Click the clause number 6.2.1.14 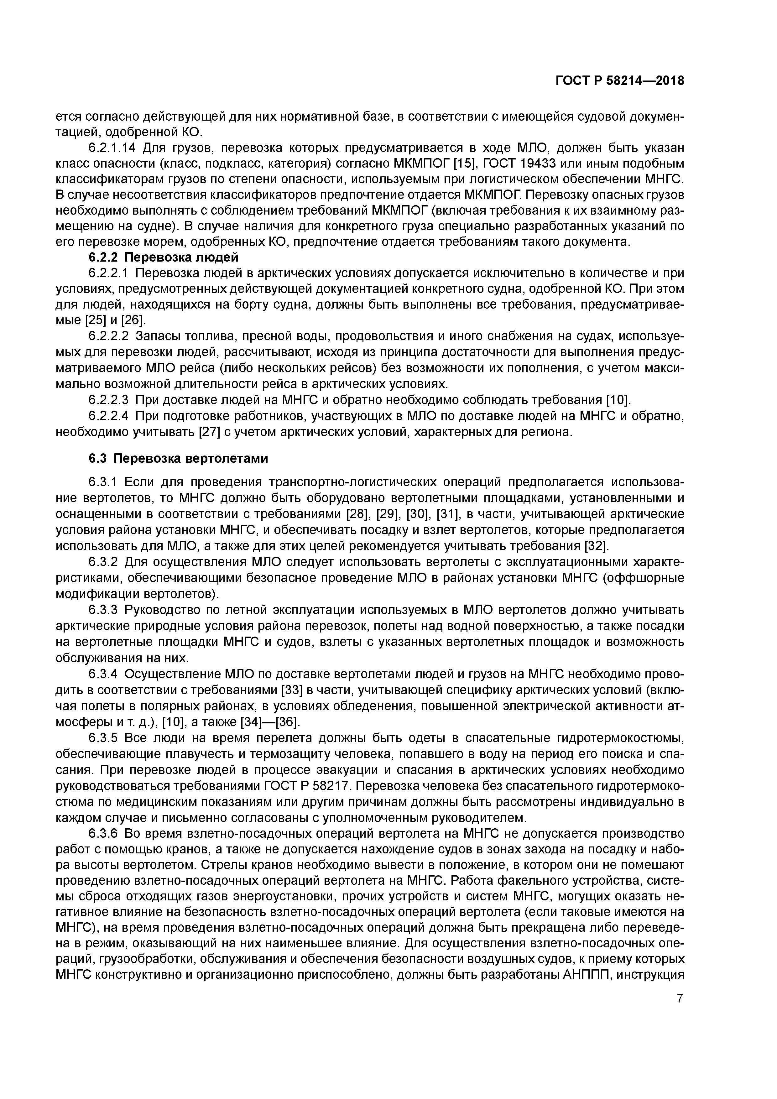coord(113,148)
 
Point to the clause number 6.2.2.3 coord(109,400)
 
